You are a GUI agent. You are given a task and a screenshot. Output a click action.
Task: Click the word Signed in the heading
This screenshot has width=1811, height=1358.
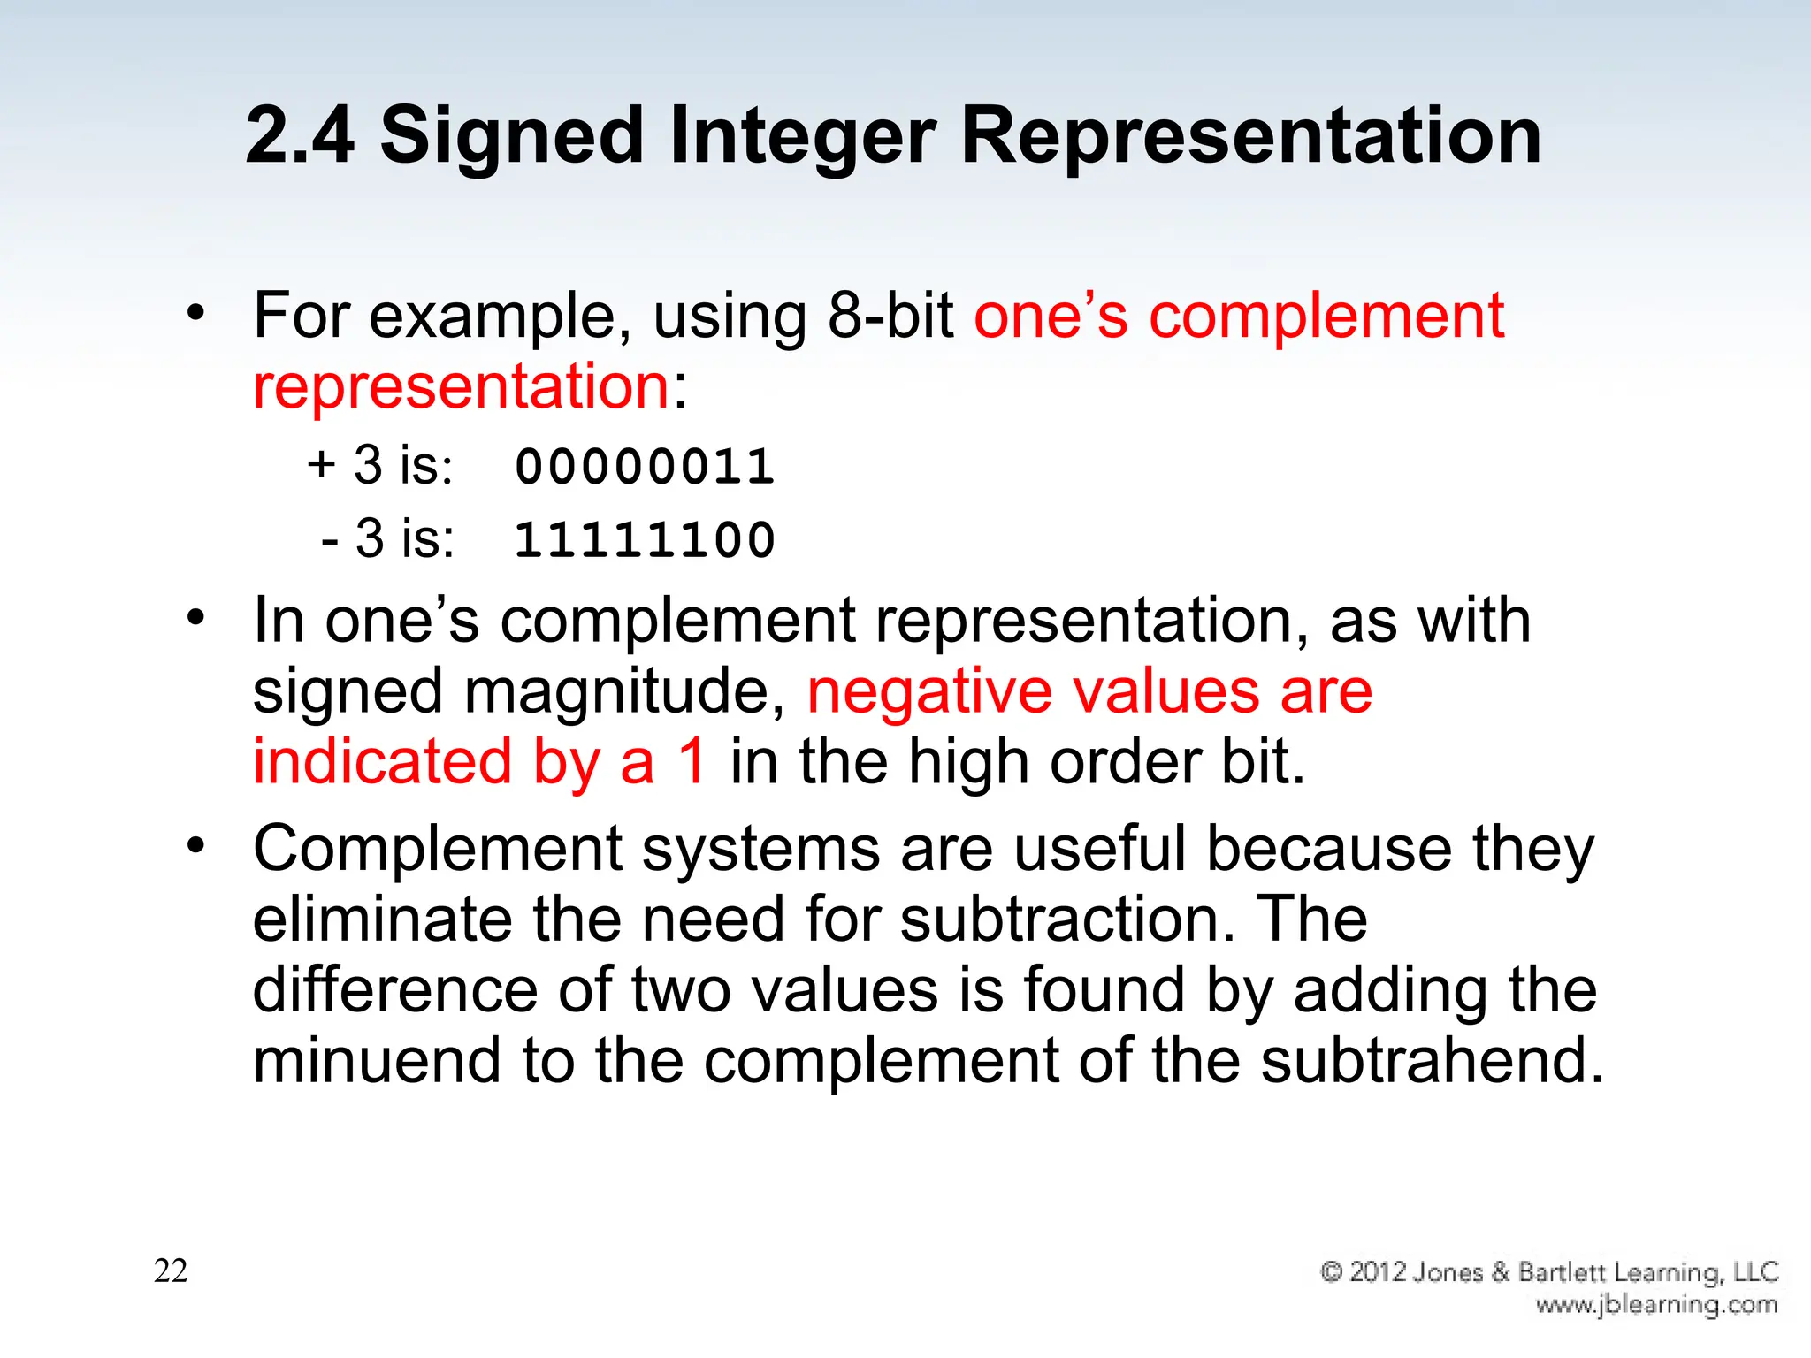[511, 137]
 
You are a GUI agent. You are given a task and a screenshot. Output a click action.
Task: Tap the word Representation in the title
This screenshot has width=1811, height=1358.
[1250, 137]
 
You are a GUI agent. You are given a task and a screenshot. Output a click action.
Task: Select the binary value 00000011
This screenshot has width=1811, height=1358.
[645, 467]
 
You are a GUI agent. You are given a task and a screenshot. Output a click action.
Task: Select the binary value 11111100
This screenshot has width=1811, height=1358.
[645, 539]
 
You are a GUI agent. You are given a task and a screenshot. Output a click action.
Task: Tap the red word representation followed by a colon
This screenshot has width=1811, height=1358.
[461, 386]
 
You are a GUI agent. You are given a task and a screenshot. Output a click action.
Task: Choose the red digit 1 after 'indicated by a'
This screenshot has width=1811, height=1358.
[692, 761]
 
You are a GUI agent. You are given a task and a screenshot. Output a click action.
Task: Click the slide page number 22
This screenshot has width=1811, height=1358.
[171, 1270]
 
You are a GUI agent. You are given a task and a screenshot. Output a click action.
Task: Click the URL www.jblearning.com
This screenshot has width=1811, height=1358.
[1655, 1305]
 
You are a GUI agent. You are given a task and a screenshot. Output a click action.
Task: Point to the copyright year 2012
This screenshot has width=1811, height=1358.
[1379, 1272]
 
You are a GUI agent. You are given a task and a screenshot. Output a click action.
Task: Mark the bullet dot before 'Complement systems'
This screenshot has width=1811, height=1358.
[195, 845]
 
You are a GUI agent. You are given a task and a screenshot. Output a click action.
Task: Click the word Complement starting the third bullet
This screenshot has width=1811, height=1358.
[438, 850]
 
